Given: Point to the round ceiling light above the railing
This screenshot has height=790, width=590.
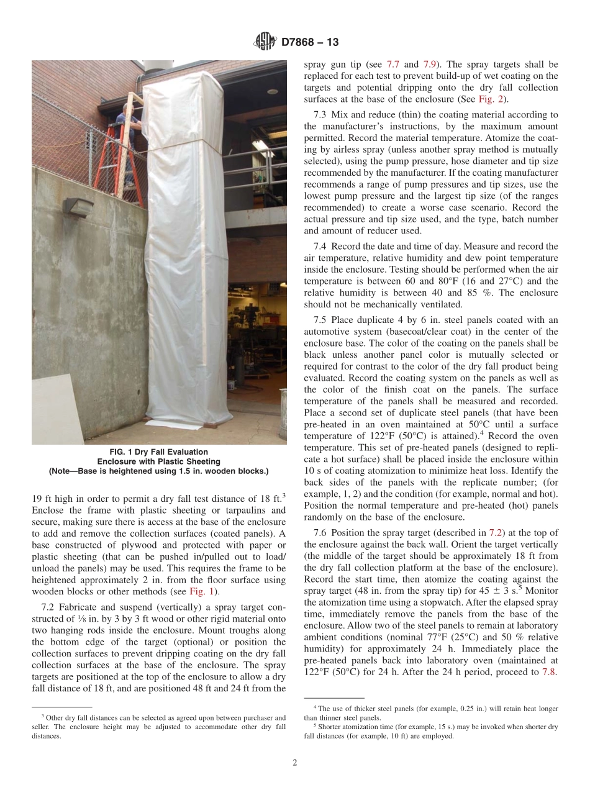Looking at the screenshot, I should coord(272,91).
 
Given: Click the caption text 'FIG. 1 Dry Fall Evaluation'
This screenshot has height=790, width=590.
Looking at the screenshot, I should coord(158,452).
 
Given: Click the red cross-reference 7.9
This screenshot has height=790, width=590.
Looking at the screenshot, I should coord(430,64).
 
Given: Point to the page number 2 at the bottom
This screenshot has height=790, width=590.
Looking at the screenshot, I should coord(294,763).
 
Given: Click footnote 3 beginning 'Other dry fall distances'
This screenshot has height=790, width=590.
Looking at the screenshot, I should coord(158,727).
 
